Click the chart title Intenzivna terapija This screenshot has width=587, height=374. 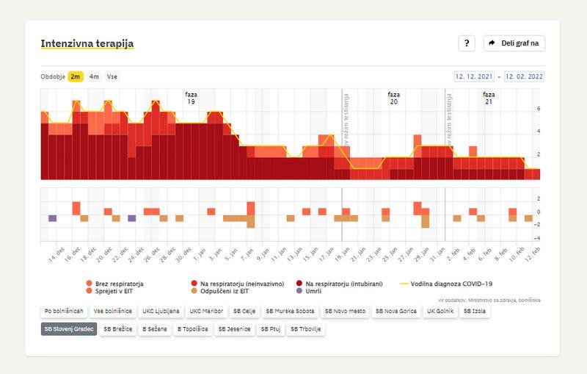click(x=87, y=43)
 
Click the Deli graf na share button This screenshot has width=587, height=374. click(x=514, y=43)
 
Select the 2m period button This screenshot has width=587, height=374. click(x=76, y=76)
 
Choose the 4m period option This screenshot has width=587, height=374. click(x=94, y=76)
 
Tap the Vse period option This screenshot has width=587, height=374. click(x=112, y=76)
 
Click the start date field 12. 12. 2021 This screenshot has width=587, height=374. click(x=475, y=76)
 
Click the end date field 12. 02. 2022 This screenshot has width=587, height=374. click(x=524, y=76)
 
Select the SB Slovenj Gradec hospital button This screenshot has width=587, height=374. click(x=69, y=329)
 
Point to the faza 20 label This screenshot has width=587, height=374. click(x=394, y=98)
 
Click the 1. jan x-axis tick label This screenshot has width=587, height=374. click(x=197, y=257)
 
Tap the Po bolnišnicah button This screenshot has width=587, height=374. click(x=62, y=311)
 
